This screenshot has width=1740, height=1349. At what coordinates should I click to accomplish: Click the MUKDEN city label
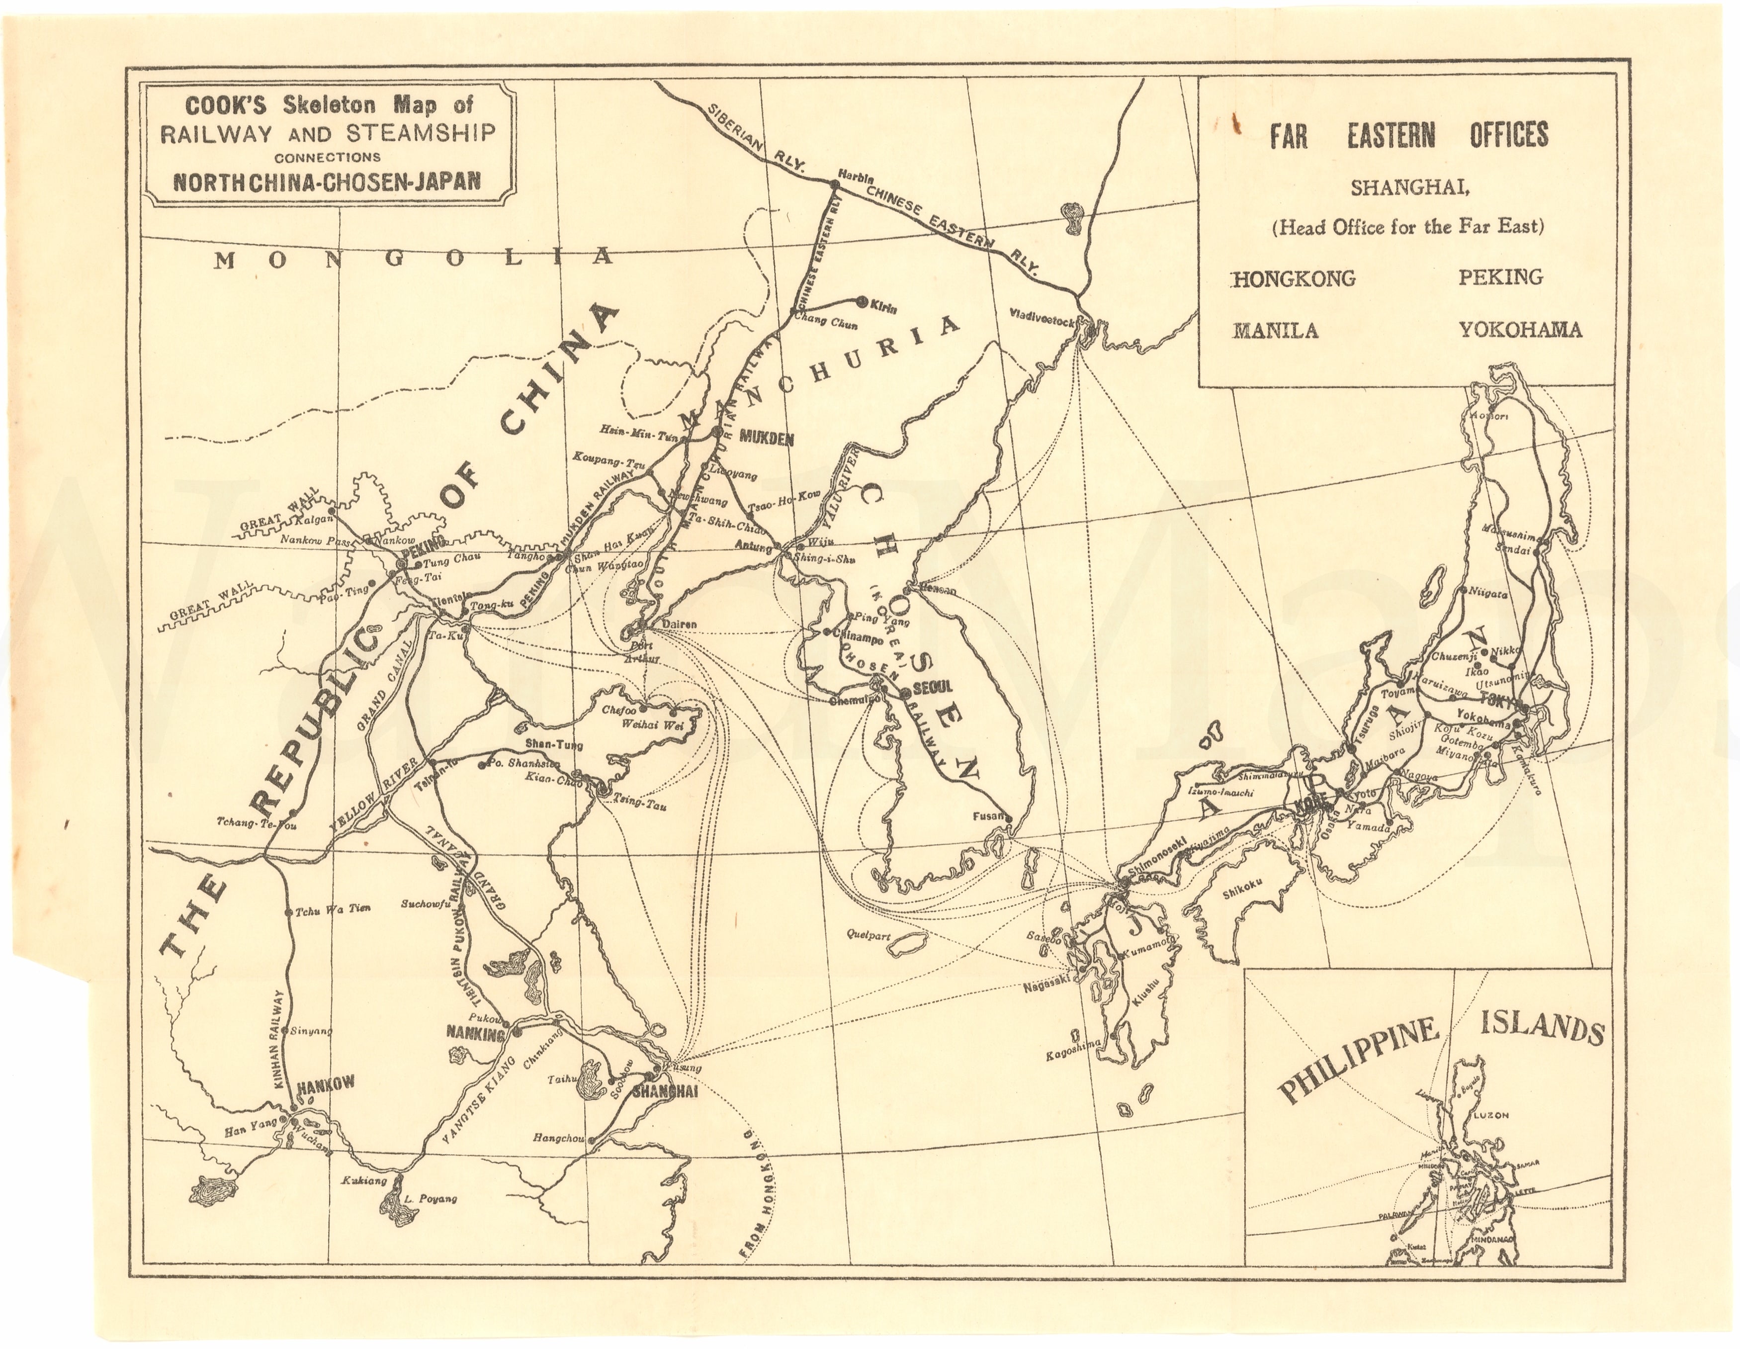[x=767, y=437]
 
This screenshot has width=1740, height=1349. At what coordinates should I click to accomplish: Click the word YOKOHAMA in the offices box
[x=1520, y=329]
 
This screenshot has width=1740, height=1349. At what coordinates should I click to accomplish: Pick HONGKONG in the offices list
[x=1294, y=278]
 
